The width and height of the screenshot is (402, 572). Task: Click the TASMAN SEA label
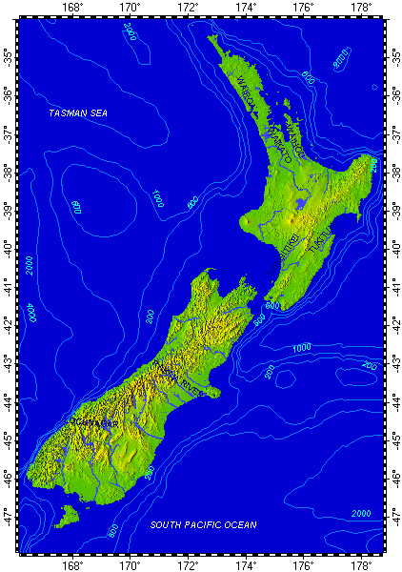point(78,113)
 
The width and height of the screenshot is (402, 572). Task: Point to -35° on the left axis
point(8,56)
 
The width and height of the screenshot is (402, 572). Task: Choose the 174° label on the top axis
point(245,8)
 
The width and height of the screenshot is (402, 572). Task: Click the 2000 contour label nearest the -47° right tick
point(361,514)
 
